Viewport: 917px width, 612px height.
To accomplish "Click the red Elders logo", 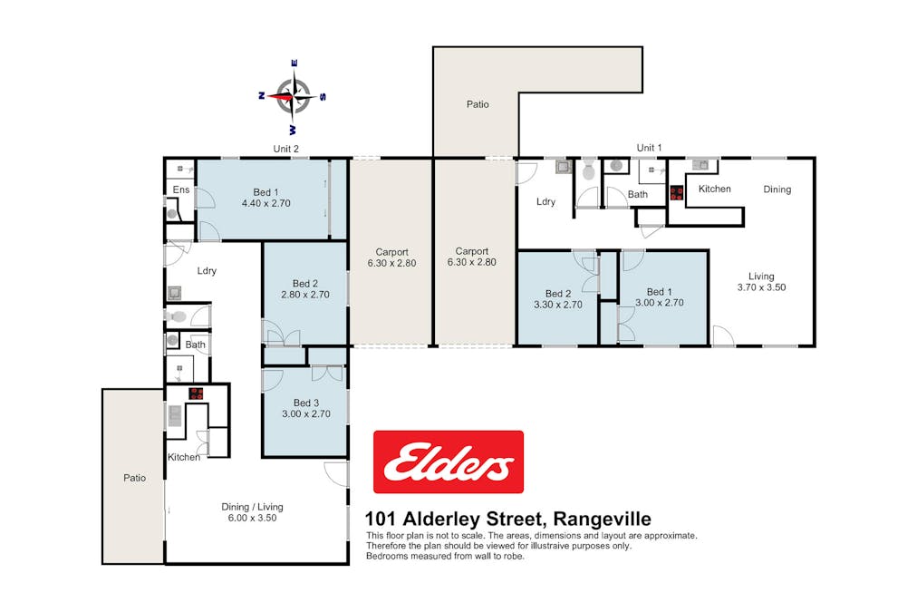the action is click(x=448, y=461).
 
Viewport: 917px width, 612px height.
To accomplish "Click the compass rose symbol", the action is click(x=293, y=96).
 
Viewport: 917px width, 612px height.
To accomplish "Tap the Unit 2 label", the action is click(x=286, y=149).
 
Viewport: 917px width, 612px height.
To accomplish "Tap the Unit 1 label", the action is click(x=649, y=148).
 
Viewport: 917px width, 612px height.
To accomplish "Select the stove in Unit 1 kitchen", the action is click(x=677, y=193).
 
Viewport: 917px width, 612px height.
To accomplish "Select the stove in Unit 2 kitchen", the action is click(x=196, y=393).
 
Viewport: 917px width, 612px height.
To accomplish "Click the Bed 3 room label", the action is click(x=306, y=403).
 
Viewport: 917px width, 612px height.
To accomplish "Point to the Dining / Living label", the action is click(x=252, y=507).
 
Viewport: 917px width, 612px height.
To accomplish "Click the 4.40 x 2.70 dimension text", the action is click(x=266, y=203).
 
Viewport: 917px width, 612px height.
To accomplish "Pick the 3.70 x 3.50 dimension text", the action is click(x=761, y=287).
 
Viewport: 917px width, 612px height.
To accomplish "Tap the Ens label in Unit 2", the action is click(x=180, y=189).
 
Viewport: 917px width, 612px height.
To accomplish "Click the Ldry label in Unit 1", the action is click(x=545, y=201).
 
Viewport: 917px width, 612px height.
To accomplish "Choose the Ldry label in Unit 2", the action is click(x=207, y=270).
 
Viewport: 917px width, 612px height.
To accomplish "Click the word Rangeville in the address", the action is click(x=602, y=519).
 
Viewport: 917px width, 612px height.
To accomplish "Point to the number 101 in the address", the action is click(x=381, y=519).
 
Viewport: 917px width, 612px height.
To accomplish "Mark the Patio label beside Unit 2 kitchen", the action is click(x=134, y=478).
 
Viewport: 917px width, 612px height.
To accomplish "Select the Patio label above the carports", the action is click(x=478, y=104).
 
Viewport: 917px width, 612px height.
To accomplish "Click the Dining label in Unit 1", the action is click(x=777, y=189).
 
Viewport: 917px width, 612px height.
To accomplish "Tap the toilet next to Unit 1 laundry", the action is click(x=588, y=170).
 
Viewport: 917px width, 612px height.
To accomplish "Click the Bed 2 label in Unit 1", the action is click(x=558, y=293).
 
